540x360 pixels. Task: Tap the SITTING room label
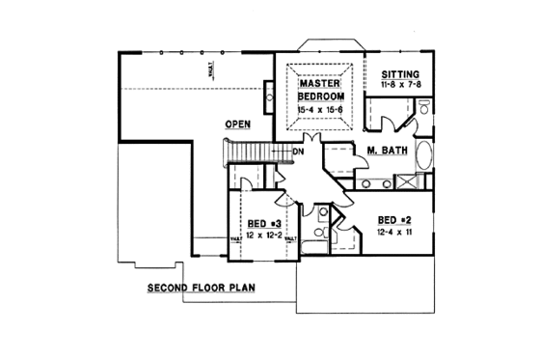point(400,74)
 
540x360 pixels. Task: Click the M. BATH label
point(386,152)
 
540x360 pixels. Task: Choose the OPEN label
point(238,125)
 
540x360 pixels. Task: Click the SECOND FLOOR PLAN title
point(202,288)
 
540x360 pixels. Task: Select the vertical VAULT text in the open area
point(210,69)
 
